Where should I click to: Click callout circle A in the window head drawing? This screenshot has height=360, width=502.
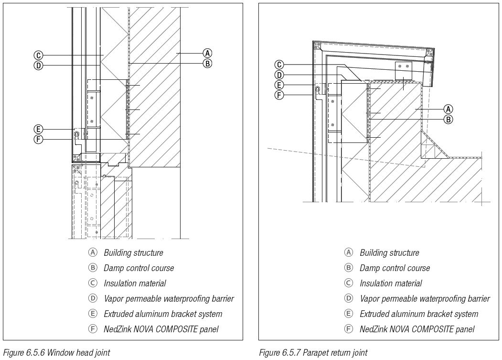207,53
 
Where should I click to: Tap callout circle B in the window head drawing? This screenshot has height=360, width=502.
207,63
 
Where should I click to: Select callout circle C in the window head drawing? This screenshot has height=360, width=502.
39,55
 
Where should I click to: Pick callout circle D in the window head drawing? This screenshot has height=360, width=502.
39,65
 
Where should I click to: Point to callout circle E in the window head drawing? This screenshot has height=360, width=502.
39,129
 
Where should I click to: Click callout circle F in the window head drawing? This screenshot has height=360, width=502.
39,139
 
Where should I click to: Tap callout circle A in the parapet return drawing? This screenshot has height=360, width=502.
448,109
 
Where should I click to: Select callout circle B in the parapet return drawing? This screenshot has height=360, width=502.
448,119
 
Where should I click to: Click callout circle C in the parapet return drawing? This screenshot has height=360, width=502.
280,65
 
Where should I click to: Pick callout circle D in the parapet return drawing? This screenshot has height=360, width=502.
280,75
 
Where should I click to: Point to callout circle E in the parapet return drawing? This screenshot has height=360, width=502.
280,85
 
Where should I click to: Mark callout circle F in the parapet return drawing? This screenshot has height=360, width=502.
280,95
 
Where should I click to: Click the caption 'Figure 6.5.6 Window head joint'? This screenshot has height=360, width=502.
56,353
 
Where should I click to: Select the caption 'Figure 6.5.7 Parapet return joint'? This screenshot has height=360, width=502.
313,353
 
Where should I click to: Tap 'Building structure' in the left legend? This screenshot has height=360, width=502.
133,253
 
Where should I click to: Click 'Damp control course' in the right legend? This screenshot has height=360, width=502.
395,268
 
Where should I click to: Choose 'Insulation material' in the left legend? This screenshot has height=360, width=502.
135,284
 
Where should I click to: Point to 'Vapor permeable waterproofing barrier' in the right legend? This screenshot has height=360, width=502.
425,299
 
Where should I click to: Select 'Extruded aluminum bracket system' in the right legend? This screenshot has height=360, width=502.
418,314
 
